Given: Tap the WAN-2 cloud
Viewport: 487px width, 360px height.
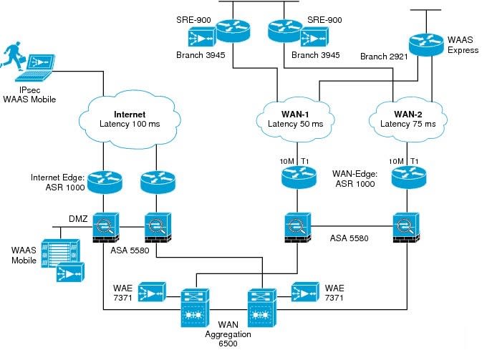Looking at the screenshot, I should point(405,118).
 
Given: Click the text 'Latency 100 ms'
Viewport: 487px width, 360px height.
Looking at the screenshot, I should point(130,125).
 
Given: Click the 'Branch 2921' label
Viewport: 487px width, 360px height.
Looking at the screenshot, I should point(383,57).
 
